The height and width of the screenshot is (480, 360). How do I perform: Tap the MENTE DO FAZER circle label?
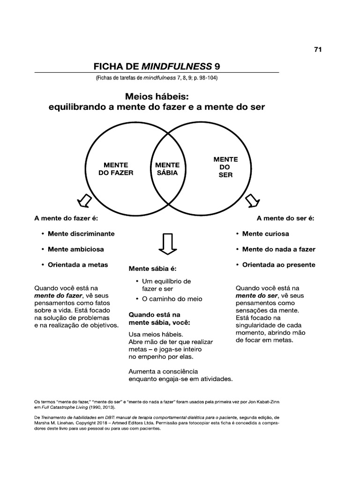(x=116, y=169)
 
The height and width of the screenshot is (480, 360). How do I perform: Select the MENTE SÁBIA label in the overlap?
(x=167, y=169)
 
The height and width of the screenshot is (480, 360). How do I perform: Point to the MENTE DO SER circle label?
(x=225, y=167)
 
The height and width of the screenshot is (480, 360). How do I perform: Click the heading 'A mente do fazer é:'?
(x=66, y=218)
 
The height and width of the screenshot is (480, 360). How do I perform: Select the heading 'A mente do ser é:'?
(x=285, y=218)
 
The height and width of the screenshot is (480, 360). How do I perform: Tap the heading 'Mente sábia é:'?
(x=153, y=269)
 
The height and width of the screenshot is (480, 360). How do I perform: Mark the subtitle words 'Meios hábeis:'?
(x=157, y=96)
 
